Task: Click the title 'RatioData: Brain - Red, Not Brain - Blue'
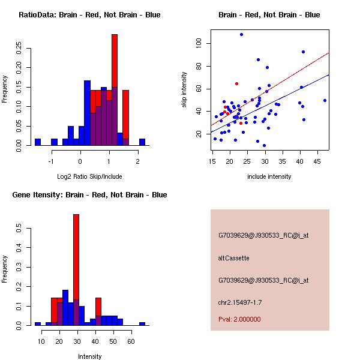(x=89, y=14)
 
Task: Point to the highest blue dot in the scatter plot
(x=241, y=34)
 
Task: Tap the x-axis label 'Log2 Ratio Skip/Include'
(x=89, y=177)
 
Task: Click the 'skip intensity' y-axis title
(x=185, y=90)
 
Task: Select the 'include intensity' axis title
(x=269, y=176)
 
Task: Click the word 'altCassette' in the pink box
(x=233, y=258)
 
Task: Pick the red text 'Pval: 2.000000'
(x=239, y=319)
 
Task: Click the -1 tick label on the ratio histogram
(x=52, y=160)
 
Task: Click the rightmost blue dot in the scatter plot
(x=325, y=100)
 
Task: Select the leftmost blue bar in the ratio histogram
(x=38, y=142)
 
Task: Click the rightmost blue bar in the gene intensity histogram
(x=142, y=323)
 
